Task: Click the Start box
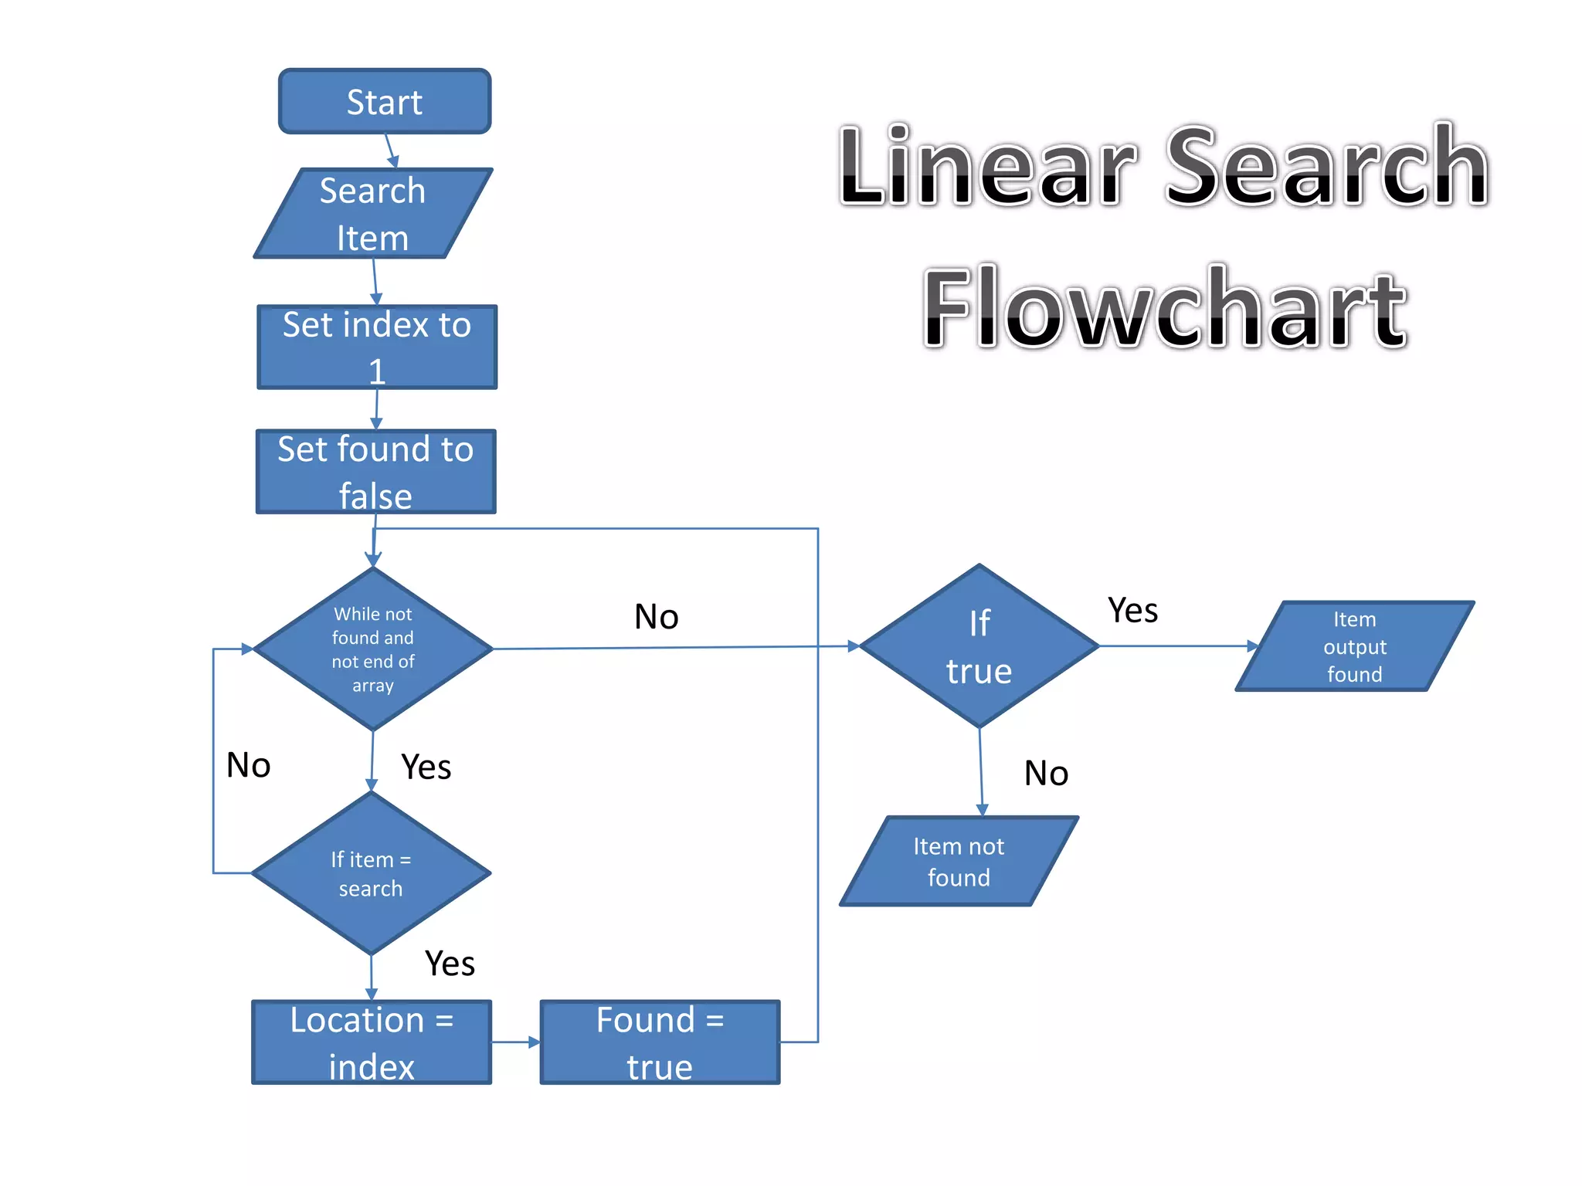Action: (x=384, y=101)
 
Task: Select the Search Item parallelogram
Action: (x=373, y=213)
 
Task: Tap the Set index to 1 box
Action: (x=377, y=347)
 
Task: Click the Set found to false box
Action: (x=375, y=471)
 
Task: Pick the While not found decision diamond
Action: (x=373, y=649)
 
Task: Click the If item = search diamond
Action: (x=371, y=873)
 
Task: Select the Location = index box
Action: (x=372, y=1042)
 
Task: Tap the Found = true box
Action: (x=660, y=1042)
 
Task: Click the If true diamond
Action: (x=979, y=646)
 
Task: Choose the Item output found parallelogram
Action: (x=1354, y=646)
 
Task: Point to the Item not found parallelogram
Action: (x=959, y=861)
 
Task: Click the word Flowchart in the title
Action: (x=1165, y=307)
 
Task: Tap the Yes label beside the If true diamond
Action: (x=1132, y=610)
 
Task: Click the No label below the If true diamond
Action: (x=1046, y=773)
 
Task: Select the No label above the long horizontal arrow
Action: (x=656, y=616)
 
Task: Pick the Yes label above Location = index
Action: (x=450, y=963)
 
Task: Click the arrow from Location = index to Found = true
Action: (x=515, y=1042)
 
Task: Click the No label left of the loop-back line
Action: (x=248, y=765)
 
